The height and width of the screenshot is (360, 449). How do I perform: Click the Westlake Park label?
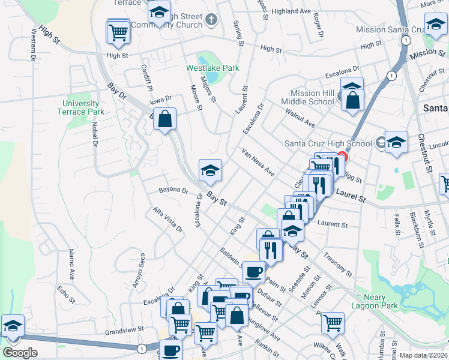point(212,68)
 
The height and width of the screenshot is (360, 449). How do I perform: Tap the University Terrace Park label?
point(83,107)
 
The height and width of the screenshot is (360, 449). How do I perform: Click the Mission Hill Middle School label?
point(312,97)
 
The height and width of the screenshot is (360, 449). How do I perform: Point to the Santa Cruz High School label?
point(328,143)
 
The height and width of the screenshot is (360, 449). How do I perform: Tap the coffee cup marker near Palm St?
point(253,271)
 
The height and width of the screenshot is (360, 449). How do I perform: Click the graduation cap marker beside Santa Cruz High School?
point(396,143)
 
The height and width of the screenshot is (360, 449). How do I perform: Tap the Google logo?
point(20,353)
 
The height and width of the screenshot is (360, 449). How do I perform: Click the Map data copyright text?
point(424,355)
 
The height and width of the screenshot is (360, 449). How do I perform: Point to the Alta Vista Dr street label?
point(167,220)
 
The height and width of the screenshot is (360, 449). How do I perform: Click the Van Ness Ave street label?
point(258,163)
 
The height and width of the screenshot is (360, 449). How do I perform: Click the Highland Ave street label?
point(291,11)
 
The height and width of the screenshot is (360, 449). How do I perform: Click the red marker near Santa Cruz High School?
point(342,158)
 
